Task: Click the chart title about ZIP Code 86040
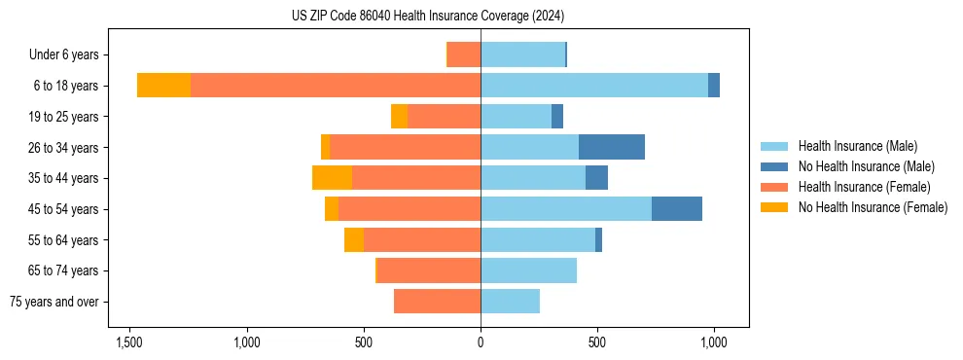pyautogui.click(x=428, y=17)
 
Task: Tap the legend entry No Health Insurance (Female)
pyautogui.click(x=873, y=207)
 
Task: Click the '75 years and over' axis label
pyautogui.click(x=54, y=302)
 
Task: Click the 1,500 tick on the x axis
pyautogui.click(x=129, y=342)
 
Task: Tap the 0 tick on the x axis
pyautogui.click(x=481, y=342)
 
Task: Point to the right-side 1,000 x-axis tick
pyautogui.click(x=714, y=342)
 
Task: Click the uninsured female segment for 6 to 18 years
pyautogui.click(x=163, y=86)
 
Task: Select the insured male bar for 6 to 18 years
pyautogui.click(x=594, y=86)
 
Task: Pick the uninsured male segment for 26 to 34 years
pyautogui.click(x=612, y=147)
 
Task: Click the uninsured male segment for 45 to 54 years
pyautogui.click(x=677, y=209)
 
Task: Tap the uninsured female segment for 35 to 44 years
pyautogui.click(x=332, y=178)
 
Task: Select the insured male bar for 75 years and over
pyautogui.click(x=510, y=302)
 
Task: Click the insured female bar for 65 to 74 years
pyautogui.click(x=429, y=270)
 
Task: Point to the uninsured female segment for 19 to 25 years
pyautogui.click(x=399, y=117)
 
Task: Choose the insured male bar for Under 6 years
pyautogui.click(x=522, y=54)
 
